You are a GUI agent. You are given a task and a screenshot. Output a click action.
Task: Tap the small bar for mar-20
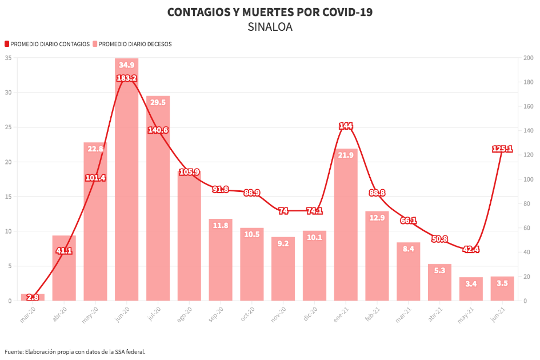click(x=33, y=297)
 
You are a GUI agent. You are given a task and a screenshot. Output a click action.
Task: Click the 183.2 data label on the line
click(x=126, y=78)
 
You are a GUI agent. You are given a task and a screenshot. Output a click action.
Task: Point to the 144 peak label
click(x=346, y=126)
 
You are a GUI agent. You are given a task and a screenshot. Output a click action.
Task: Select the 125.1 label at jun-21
click(x=502, y=149)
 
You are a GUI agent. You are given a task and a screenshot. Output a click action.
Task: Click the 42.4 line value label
click(x=471, y=249)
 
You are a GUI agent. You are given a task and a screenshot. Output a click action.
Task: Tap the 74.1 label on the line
click(x=314, y=211)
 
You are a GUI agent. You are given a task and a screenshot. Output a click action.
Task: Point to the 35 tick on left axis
click(x=8, y=58)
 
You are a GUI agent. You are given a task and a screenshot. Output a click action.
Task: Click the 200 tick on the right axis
click(x=528, y=58)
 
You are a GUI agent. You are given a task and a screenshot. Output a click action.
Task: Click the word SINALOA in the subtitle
click(x=270, y=27)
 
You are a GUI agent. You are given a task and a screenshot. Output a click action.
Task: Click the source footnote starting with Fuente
click(x=75, y=351)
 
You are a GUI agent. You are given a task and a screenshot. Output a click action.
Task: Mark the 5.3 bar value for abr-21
click(x=439, y=270)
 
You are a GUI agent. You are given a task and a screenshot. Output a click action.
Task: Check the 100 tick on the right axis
click(x=528, y=179)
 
